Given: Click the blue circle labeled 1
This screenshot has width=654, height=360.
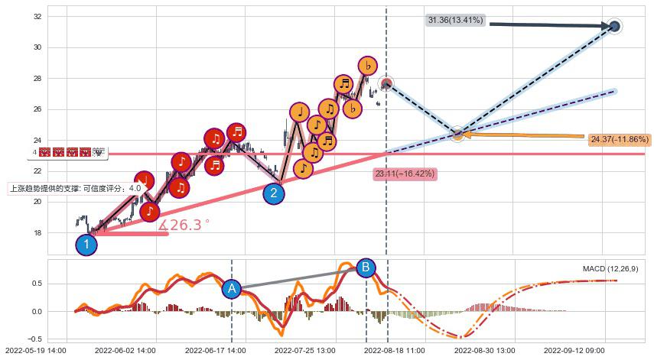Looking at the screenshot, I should pos(86,245).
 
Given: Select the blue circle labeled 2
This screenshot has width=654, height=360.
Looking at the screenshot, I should pos(274,193).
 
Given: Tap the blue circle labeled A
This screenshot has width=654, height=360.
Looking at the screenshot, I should pos(232,289).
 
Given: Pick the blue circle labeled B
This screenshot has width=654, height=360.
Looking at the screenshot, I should pos(366,268).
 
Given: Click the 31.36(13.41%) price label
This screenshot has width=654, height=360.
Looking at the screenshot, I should pos(456,20).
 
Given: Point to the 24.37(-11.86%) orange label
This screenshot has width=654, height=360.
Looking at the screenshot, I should pos(620,140).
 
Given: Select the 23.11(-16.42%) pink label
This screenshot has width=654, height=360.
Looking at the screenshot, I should pos(405,174).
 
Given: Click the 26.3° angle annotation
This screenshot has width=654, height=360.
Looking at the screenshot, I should pos(184,225).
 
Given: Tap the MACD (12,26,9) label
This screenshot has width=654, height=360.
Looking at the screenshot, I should pos(610,269).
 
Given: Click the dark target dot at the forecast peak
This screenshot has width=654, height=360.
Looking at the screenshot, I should pos(615,26).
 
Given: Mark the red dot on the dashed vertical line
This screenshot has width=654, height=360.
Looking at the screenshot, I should pos(386,83).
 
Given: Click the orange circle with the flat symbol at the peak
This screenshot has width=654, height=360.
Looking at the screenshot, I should pos(367,66).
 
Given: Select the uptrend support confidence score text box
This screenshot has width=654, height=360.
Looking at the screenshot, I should pos(76,188).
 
